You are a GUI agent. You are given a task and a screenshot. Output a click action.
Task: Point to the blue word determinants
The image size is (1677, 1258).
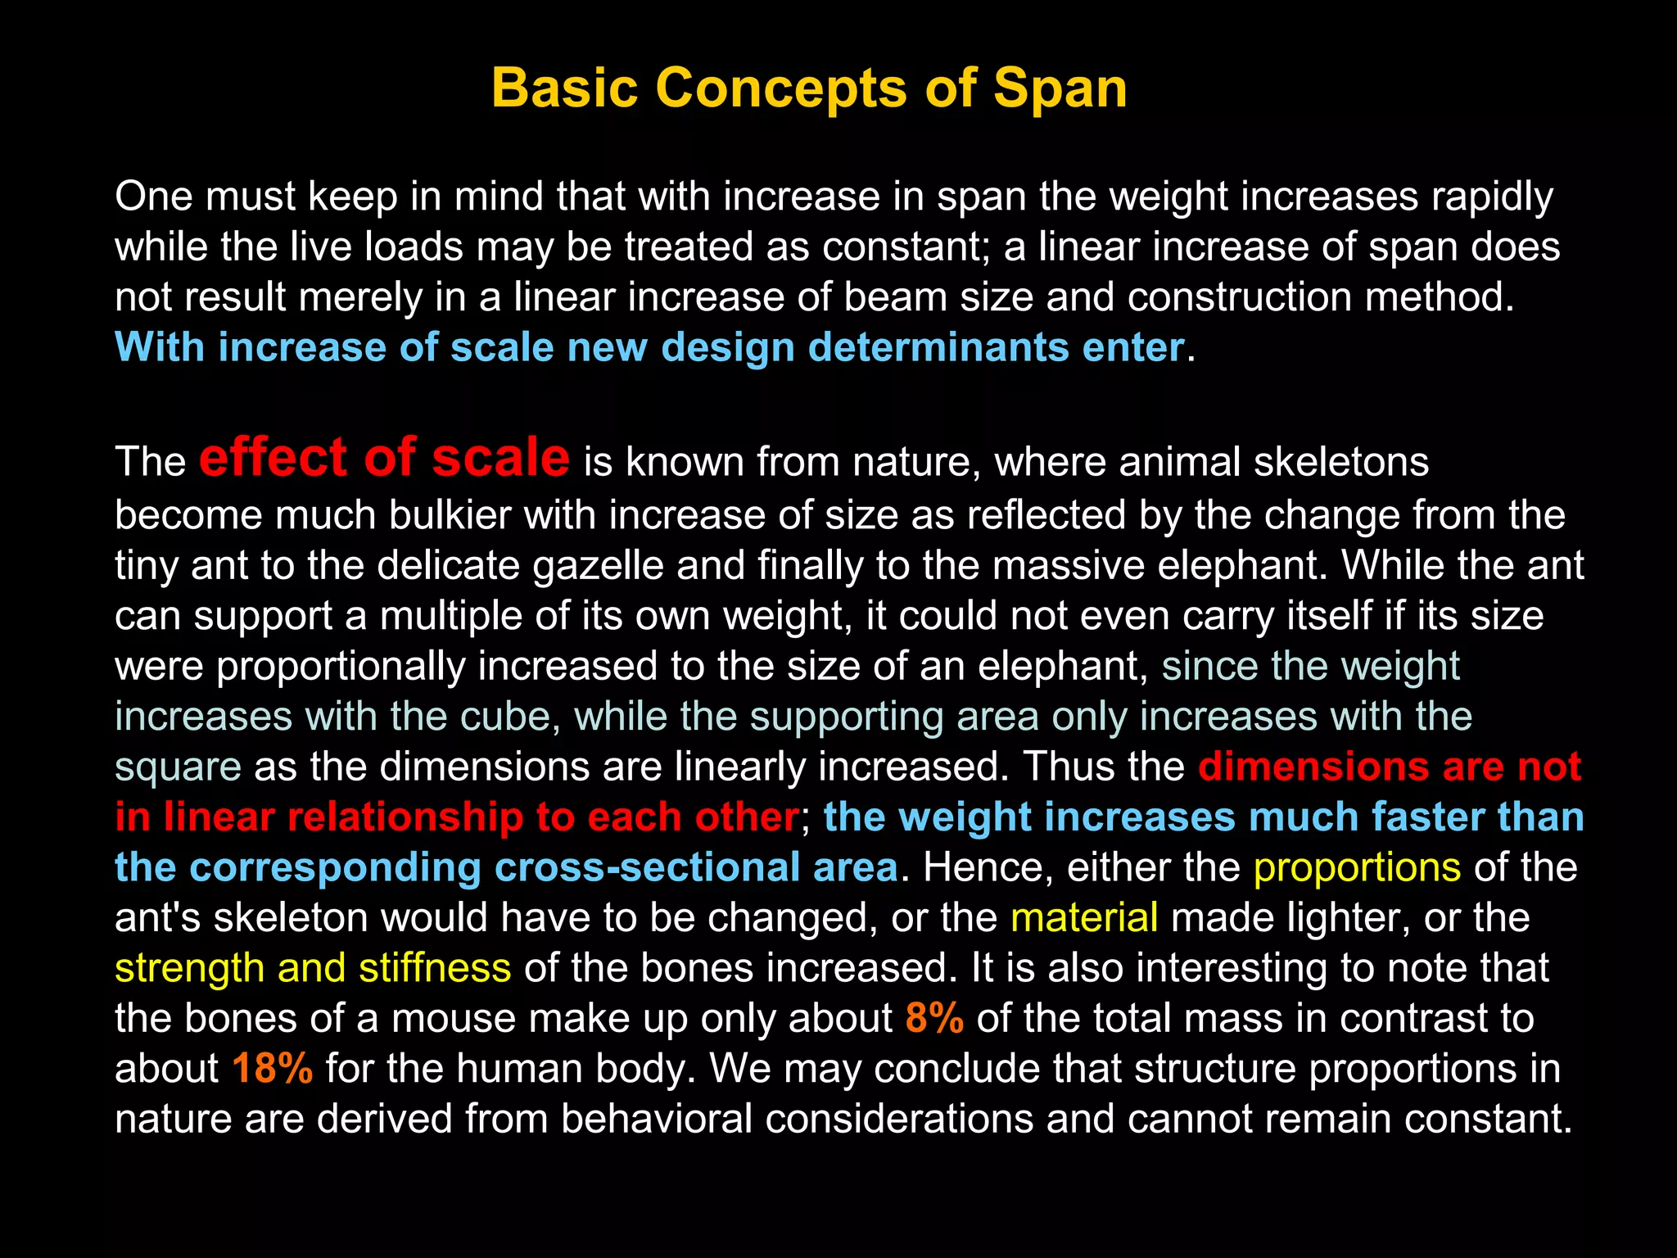tap(938, 347)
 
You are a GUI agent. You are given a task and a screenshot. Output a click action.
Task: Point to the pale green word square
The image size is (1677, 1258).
tap(178, 767)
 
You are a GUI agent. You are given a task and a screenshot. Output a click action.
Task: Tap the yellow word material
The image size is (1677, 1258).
tap(1084, 917)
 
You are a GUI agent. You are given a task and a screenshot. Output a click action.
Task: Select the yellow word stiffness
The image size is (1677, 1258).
tap(434, 968)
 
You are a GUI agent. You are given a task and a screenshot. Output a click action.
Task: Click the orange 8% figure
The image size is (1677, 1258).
tap(934, 1018)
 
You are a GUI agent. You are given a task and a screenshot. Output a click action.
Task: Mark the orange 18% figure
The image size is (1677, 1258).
tap(272, 1069)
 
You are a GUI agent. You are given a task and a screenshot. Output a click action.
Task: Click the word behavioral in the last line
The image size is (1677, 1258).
tap(656, 1119)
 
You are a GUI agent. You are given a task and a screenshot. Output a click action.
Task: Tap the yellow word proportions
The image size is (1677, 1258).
tap(1357, 867)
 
